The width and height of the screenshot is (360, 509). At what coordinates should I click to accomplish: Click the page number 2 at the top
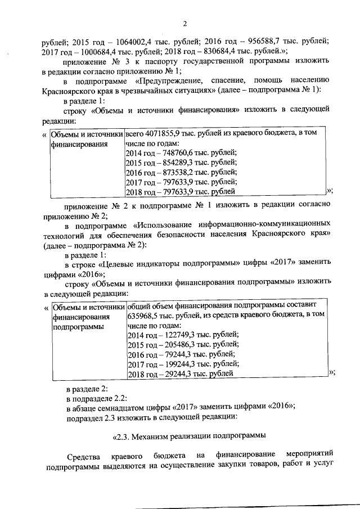point(184,23)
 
